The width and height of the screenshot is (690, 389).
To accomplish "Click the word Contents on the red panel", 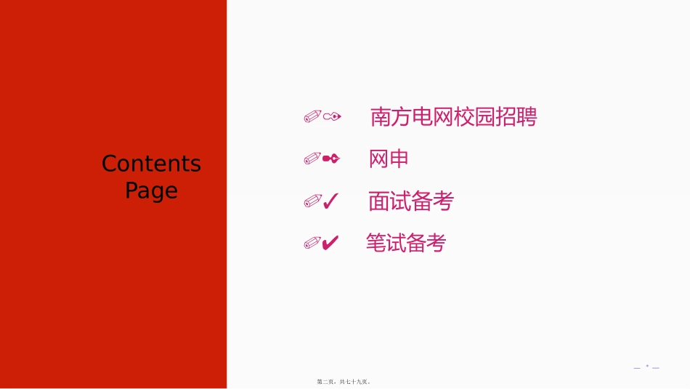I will coord(151,164).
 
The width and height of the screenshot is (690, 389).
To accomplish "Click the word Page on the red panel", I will coord(151,191).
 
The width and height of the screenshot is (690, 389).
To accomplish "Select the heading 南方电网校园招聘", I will coord(453,117).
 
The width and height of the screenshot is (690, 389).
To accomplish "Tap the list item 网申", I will coord(389,159).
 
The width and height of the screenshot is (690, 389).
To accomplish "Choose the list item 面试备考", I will coord(410,201).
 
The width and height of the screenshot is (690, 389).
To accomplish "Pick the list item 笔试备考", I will coord(405,243).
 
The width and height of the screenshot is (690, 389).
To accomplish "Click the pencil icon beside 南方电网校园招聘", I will coord(312,116).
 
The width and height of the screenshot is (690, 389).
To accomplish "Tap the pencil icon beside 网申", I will coord(312,159).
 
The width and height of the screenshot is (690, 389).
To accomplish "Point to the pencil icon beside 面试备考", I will coord(312,201).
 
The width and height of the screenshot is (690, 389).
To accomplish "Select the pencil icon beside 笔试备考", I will coord(312,244).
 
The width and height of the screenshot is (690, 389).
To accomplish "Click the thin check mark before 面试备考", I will coord(330,201).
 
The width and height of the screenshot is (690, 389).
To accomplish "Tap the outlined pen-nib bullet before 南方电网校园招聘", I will coord(333,116).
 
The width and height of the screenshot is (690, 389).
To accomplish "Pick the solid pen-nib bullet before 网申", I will coord(331,159).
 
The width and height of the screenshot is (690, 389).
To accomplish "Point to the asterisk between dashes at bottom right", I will coord(646,367).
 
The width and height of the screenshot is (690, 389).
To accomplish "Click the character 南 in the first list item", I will coord(381,117).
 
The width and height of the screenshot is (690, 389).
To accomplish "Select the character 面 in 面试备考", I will coord(378,201).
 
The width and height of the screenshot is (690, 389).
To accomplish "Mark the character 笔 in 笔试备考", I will coord(376,243).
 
